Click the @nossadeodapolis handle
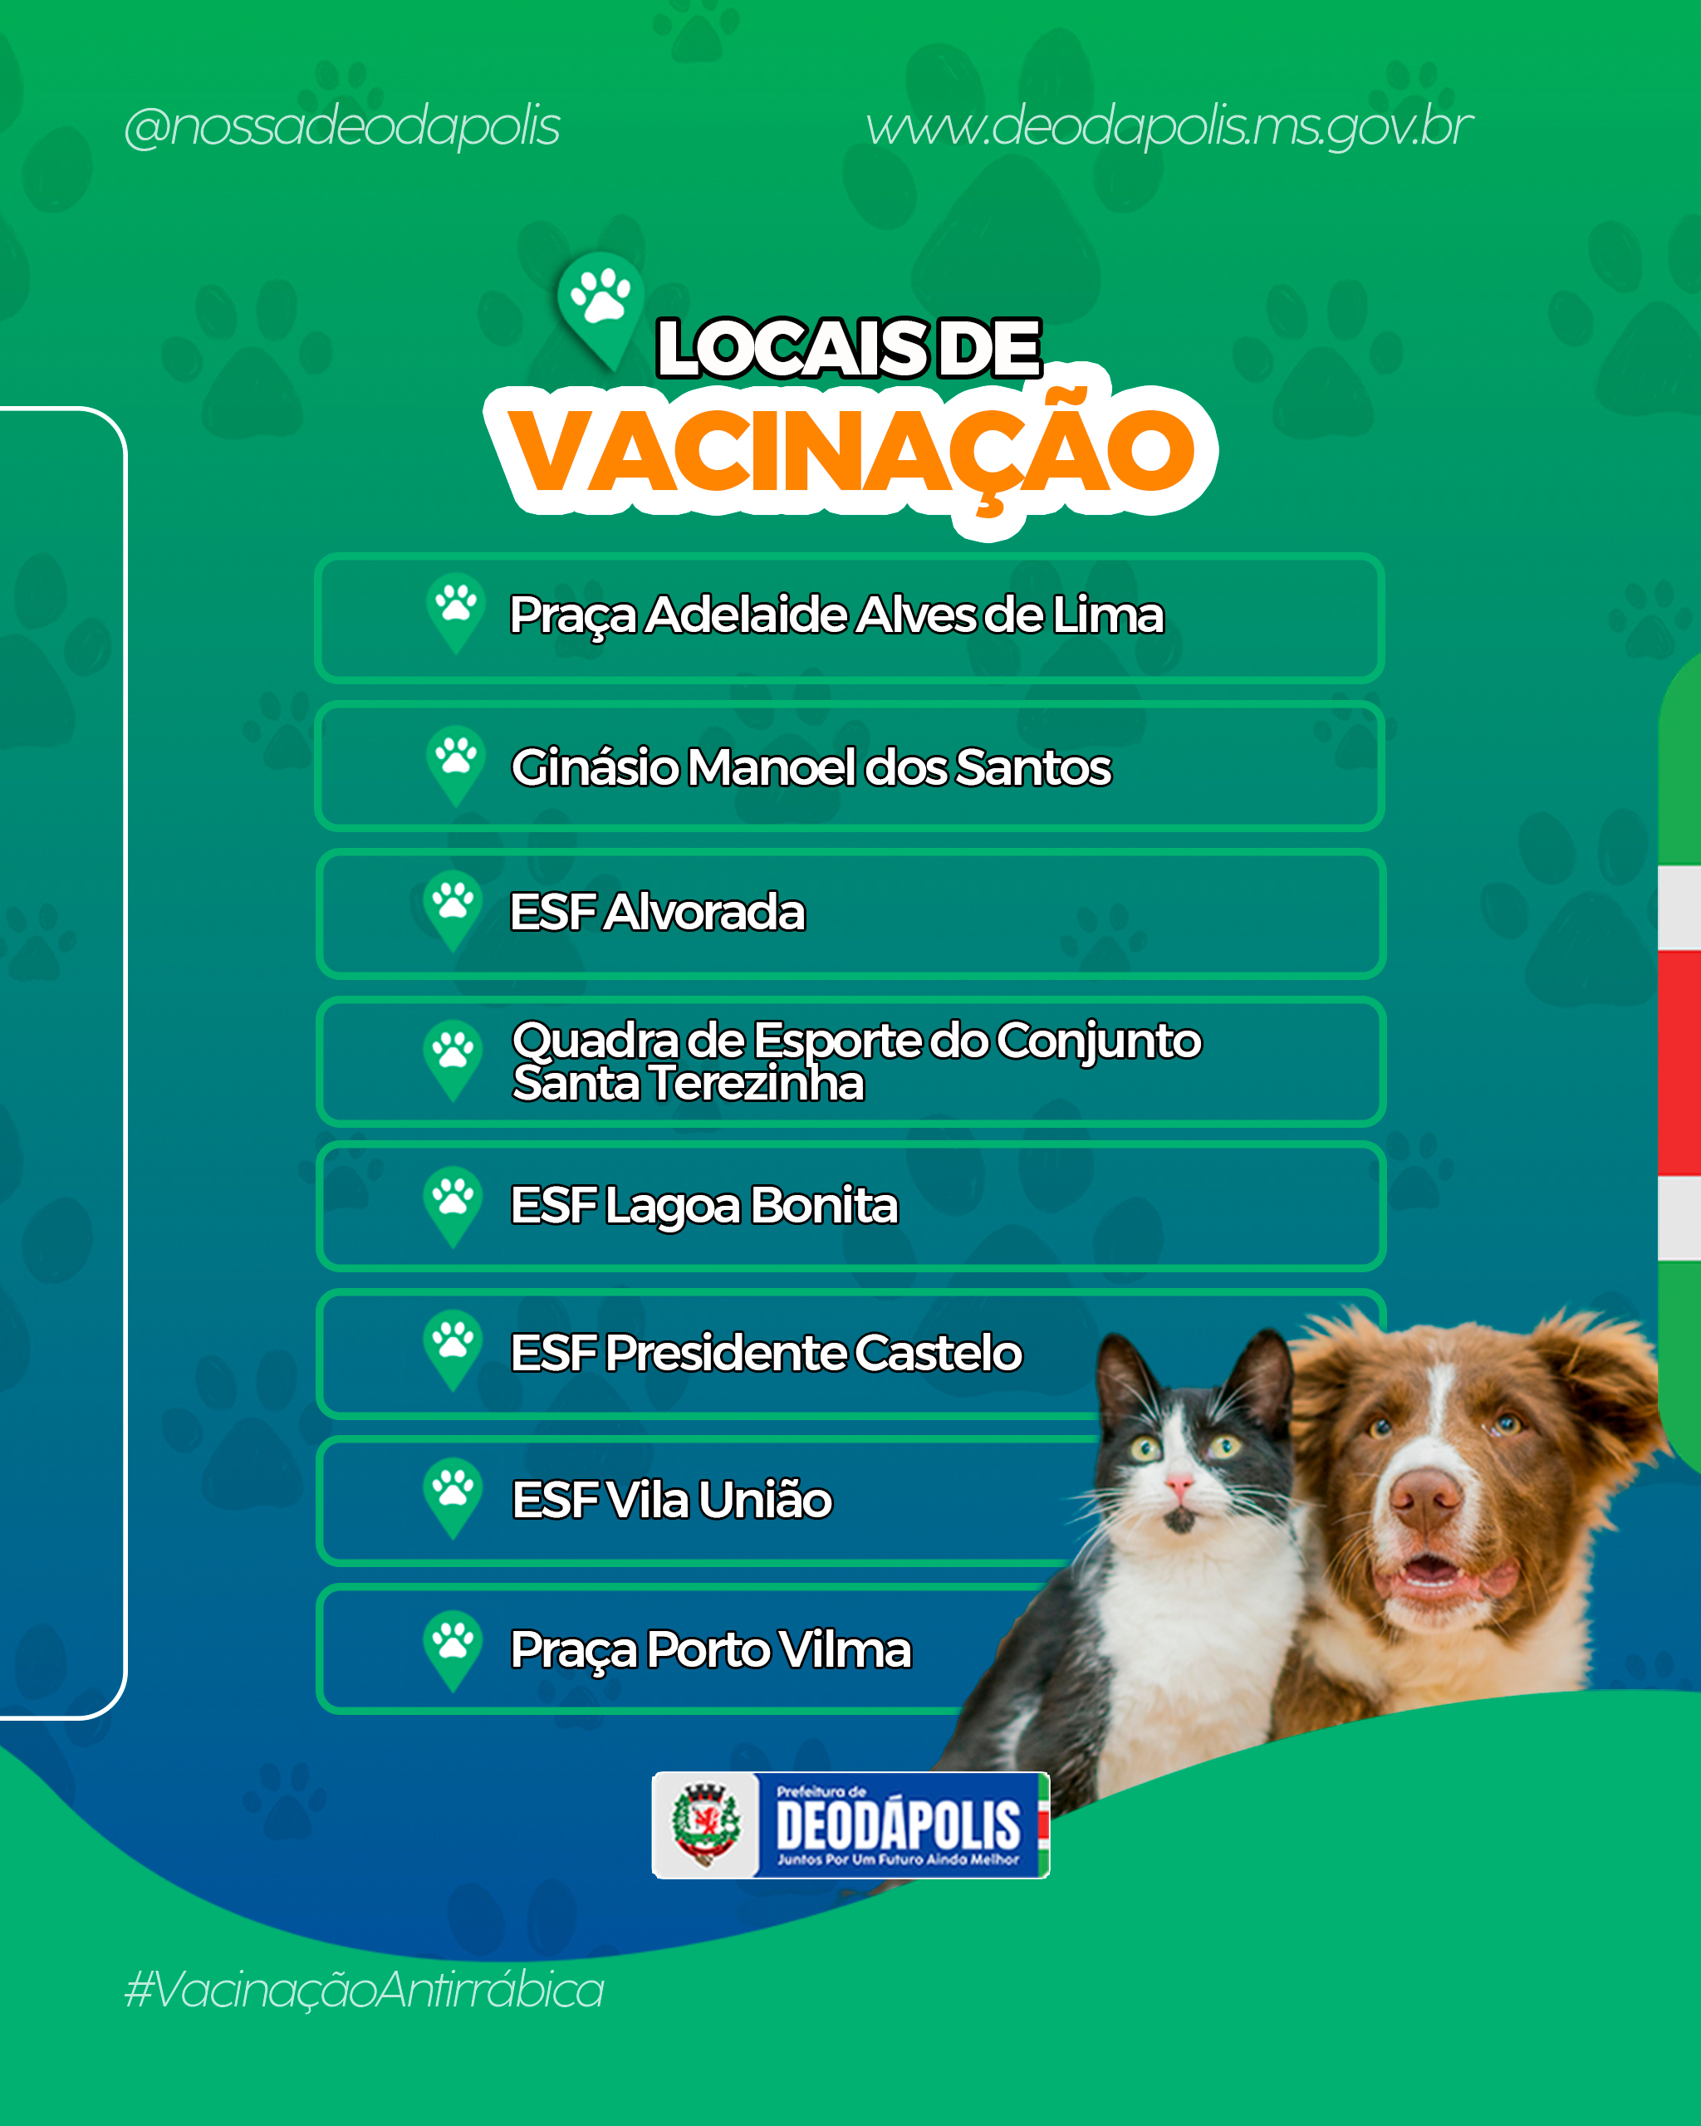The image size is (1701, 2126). (342, 127)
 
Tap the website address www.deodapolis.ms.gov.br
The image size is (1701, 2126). (1169, 127)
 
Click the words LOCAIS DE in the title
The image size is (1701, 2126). (849, 348)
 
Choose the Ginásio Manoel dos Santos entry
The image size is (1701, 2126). (811, 767)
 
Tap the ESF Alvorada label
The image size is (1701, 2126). (657, 911)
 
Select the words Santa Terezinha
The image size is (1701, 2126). (689, 1083)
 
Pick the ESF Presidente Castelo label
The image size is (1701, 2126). (766, 1352)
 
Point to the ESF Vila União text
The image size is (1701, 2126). (672, 1499)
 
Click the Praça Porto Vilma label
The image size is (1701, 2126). (710, 1649)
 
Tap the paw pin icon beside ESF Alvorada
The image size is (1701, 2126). (453, 911)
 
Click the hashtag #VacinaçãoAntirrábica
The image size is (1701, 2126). (364, 1989)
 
